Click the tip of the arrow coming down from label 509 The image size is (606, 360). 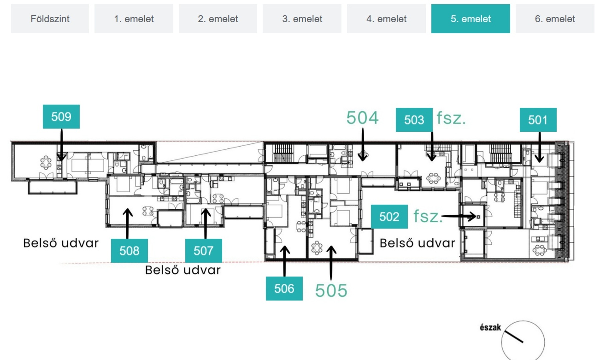tap(61, 161)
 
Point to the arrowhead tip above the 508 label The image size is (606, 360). tap(127, 209)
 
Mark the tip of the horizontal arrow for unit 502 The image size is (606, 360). tap(476, 216)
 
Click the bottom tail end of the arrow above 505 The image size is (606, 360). tap(331, 280)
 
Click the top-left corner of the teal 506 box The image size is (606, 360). tap(266, 277)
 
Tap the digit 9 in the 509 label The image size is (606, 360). tap(68, 117)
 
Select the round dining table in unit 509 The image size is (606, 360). tap(46, 163)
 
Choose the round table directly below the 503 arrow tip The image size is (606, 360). tap(433, 178)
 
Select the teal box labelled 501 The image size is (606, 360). tap(538, 120)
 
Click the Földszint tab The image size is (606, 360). tap(50, 19)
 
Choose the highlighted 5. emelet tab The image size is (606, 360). tap(470, 19)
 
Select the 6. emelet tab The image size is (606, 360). tap(555, 19)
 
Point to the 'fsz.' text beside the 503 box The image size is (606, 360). tap(451, 118)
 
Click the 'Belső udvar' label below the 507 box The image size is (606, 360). tap(183, 270)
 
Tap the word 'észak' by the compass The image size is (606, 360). tap(490, 328)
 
